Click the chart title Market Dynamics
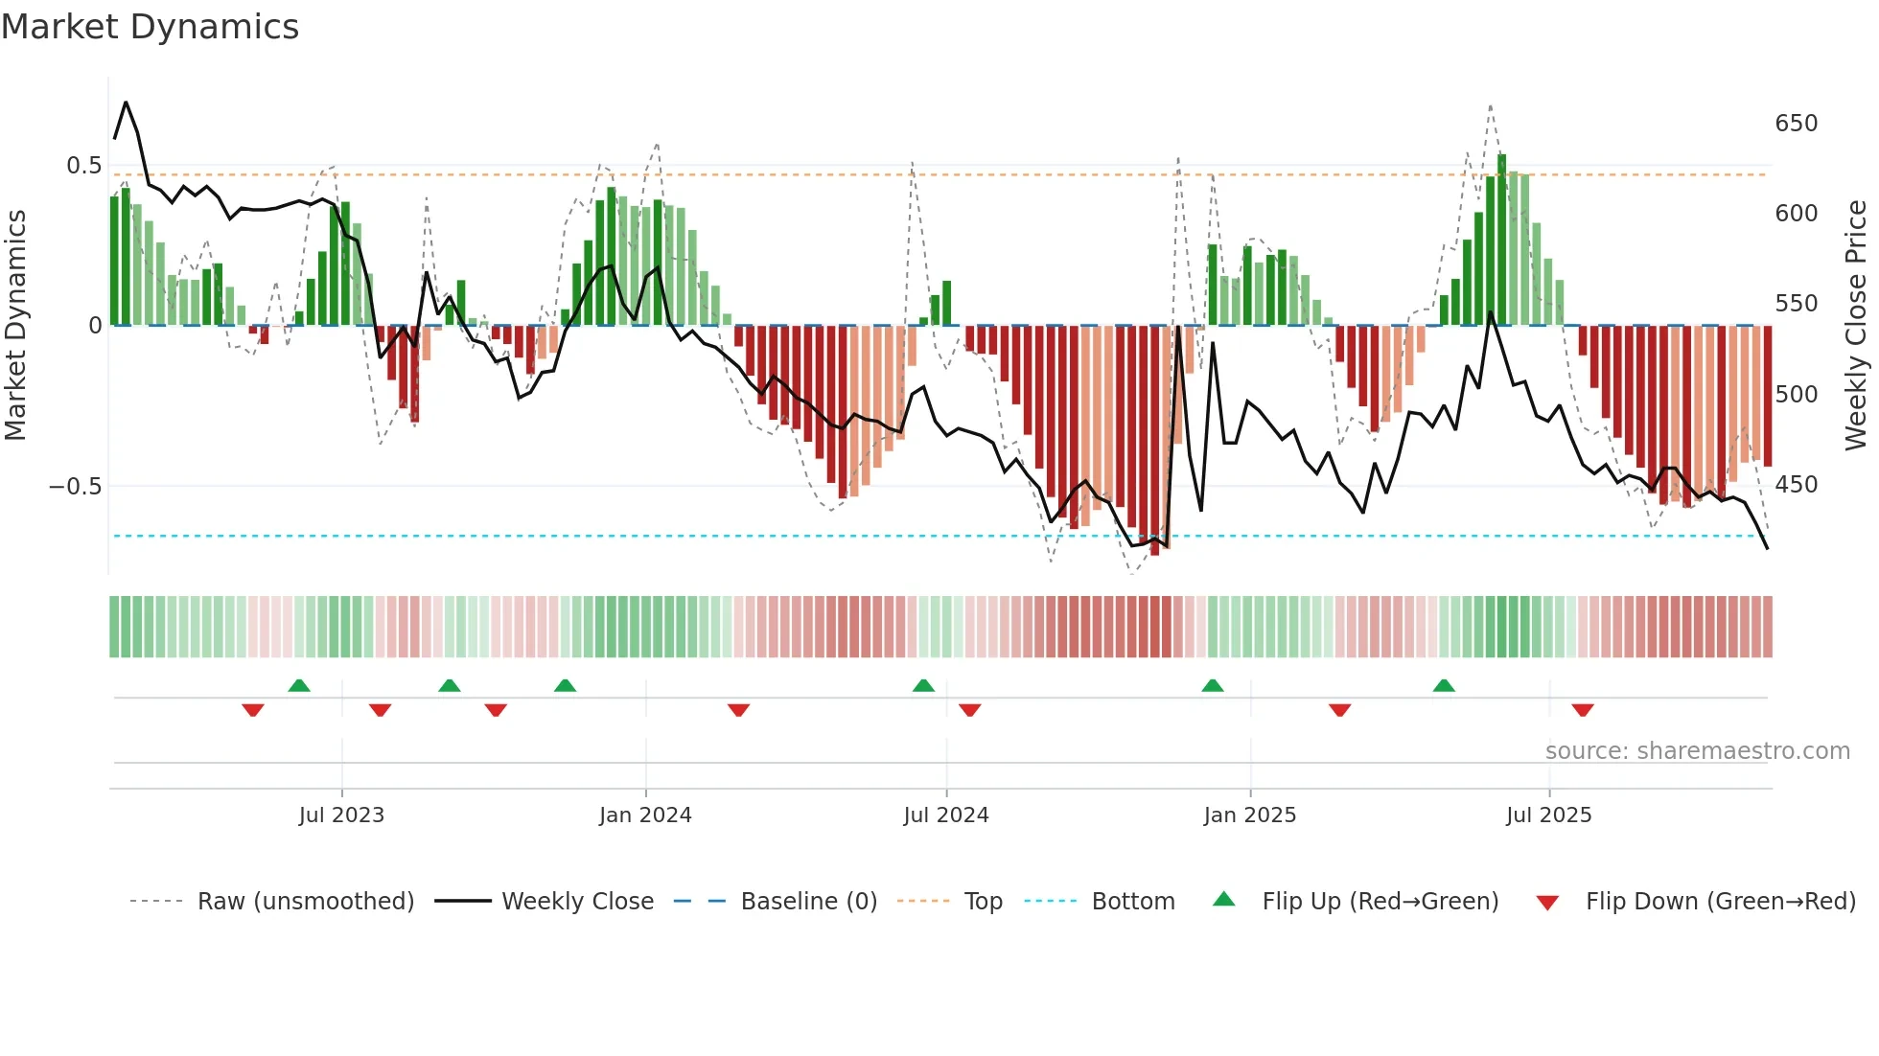point(150,27)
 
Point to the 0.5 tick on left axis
point(83,166)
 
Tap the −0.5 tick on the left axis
point(75,486)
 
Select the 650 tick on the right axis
point(1796,124)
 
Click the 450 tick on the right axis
point(1796,485)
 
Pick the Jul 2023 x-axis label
point(341,815)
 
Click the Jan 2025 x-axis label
point(1249,815)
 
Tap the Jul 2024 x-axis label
point(945,815)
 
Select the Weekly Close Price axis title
point(1856,326)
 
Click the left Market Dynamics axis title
point(15,326)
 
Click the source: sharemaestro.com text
point(1697,751)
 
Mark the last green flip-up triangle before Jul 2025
point(1444,685)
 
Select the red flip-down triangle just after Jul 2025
point(1583,710)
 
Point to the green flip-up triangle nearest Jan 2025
point(1213,685)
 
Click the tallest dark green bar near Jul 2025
point(1502,240)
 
